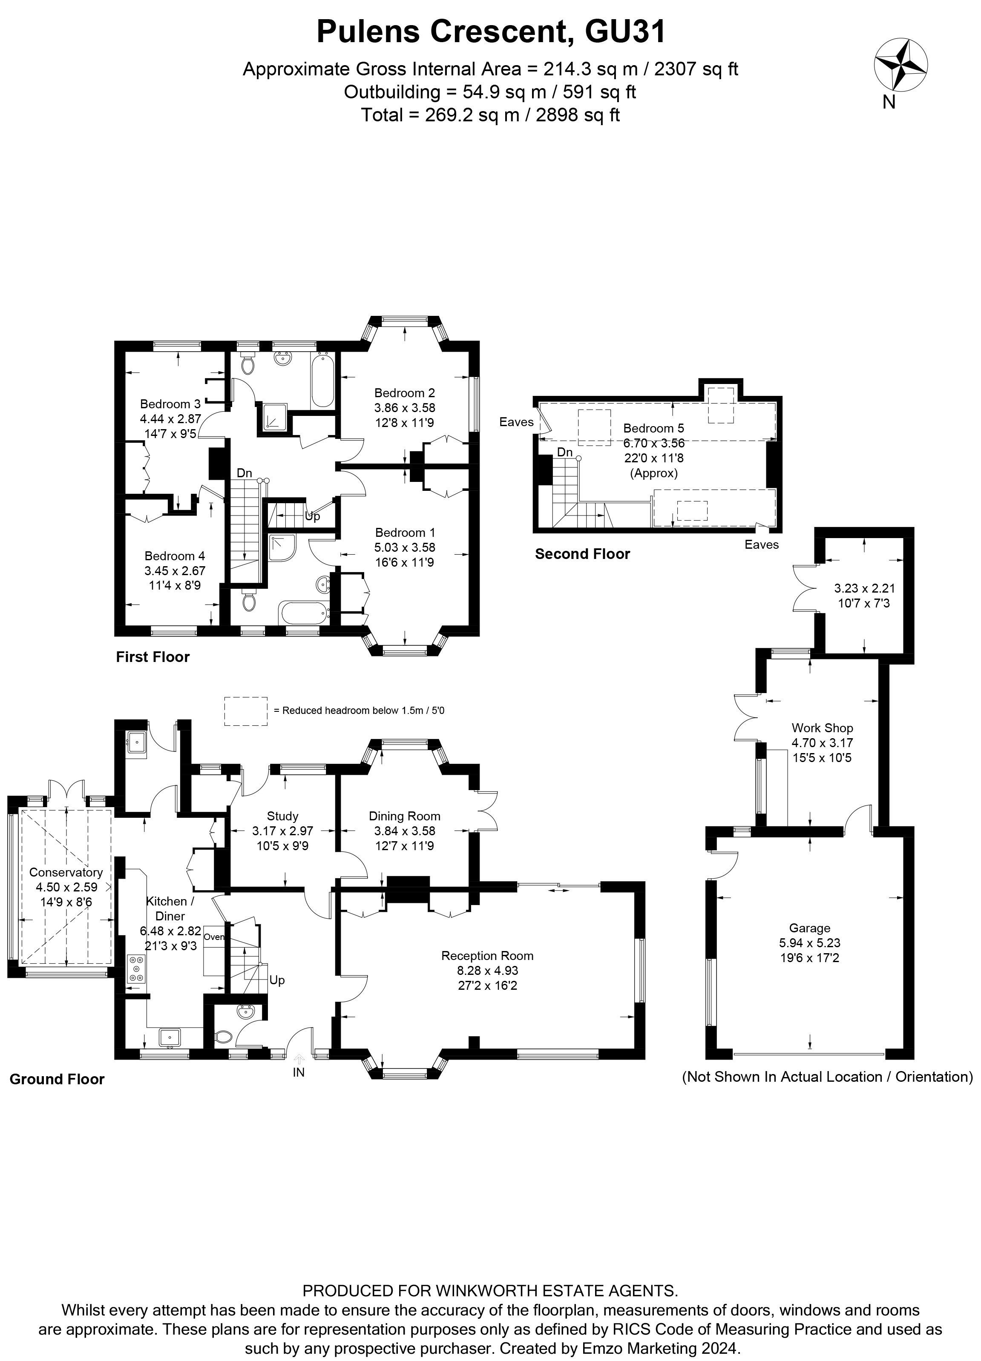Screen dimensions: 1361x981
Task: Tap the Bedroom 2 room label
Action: [404, 393]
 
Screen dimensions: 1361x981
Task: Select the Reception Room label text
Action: [487, 955]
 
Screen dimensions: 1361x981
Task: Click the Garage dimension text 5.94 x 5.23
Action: [809, 943]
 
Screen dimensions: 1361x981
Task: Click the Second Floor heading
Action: [582, 554]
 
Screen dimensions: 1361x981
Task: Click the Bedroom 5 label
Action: [653, 428]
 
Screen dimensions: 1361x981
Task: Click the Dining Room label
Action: [404, 816]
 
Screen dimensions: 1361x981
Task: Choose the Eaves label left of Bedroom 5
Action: [516, 422]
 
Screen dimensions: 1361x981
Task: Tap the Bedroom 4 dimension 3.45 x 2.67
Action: [175, 571]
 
